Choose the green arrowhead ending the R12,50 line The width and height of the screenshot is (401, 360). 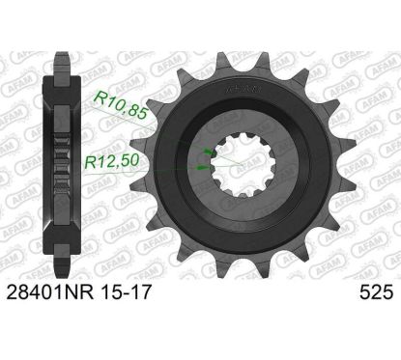[x=203, y=166]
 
